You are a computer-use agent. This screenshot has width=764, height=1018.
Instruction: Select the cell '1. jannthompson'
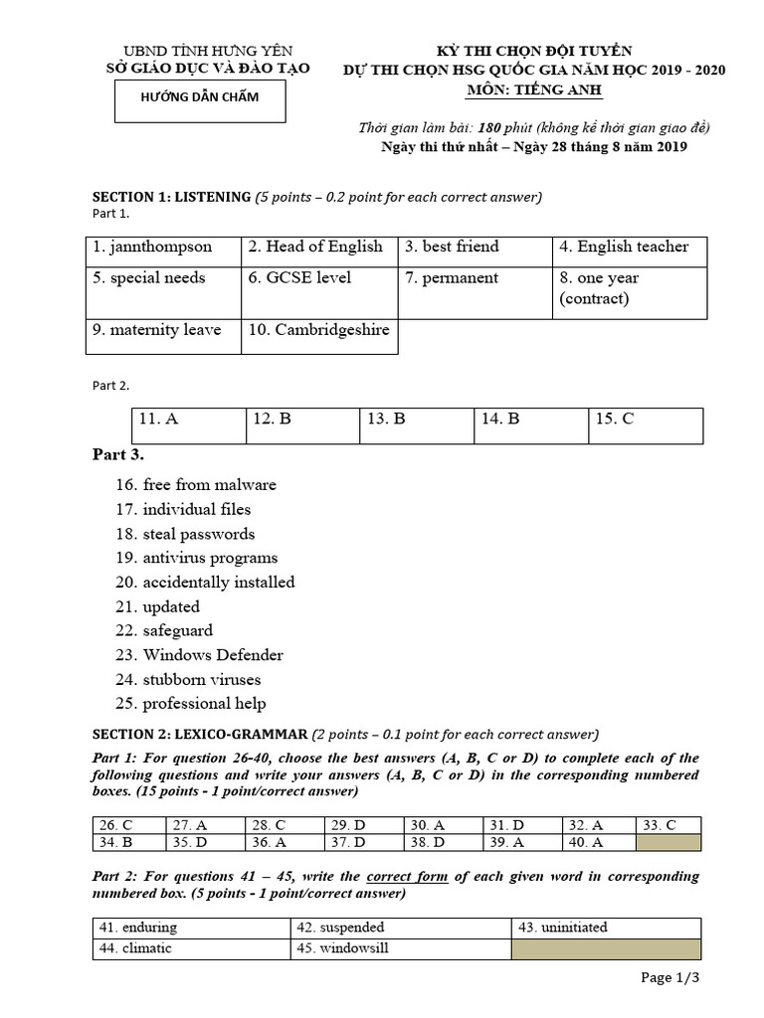pyautogui.click(x=163, y=248)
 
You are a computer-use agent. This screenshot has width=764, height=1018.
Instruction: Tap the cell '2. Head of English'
pyautogui.click(x=319, y=248)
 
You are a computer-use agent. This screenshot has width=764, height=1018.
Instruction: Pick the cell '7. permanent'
pyautogui.click(x=475, y=278)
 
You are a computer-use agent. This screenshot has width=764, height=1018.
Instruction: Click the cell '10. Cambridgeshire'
pyautogui.click(x=319, y=330)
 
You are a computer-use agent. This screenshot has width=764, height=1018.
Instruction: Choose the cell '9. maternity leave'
pyautogui.click(x=163, y=330)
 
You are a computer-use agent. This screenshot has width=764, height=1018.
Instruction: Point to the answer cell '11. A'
pyautogui.click(x=188, y=421)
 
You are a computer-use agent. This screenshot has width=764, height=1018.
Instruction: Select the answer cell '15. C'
pyautogui.click(x=645, y=421)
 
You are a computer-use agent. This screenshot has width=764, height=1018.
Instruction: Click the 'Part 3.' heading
pyautogui.click(x=118, y=454)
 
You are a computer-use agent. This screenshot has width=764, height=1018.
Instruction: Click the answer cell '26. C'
pyautogui.click(x=129, y=825)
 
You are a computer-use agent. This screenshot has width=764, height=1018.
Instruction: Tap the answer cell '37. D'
pyautogui.click(x=364, y=843)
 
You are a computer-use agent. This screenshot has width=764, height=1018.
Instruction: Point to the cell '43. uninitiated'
pyautogui.click(x=607, y=928)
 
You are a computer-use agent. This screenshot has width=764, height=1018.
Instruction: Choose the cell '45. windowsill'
pyautogui.click(x=400, y=948)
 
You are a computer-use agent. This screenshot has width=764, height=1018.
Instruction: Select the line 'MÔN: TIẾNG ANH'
pyautogui.click(x=534, y=90)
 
